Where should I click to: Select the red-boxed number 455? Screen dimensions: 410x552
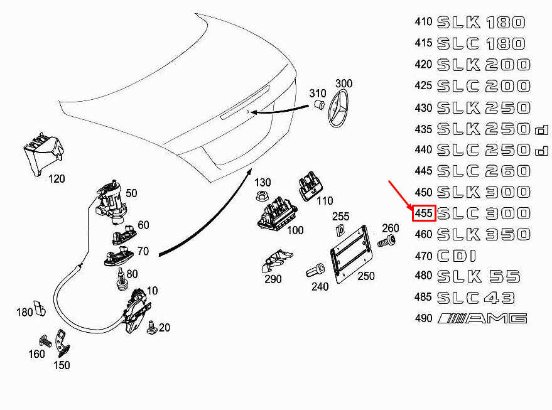click(424, 213)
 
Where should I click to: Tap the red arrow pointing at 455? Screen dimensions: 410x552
click(399, 194)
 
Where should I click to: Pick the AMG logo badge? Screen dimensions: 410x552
click(482, 318)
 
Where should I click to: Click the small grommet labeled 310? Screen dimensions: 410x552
click(318, 103)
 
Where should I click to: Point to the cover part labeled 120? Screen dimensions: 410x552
click(43, 152)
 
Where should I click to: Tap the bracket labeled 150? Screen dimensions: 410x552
click(63, 343)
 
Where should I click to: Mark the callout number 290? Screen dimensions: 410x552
click(273, 279)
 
